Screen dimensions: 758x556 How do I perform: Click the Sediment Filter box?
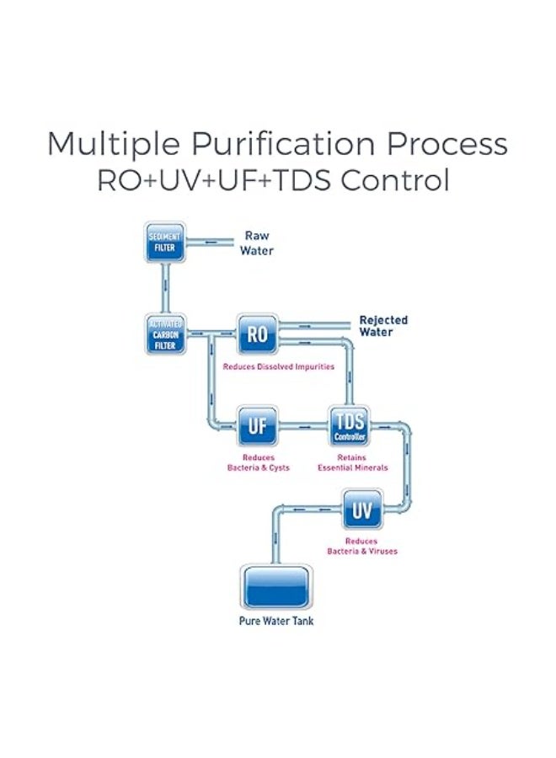(x=165, y=243)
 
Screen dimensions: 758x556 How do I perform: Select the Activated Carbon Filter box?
(x=165, y=335)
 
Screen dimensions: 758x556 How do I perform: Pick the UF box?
(x=257, y=426)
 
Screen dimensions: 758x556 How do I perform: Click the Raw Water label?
(x=256, y=243)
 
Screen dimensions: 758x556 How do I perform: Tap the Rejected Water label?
(x=383, y=326)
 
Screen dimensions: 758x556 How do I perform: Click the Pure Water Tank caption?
(x=276, y=622)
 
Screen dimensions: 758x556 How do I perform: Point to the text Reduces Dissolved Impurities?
(x=279, y=367)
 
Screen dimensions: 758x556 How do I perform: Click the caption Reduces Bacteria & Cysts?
(x=259, y=462)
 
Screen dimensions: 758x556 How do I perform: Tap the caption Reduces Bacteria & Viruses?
(x=362, y=546)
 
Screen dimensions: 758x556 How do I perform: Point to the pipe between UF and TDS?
(x=303, y=427)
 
